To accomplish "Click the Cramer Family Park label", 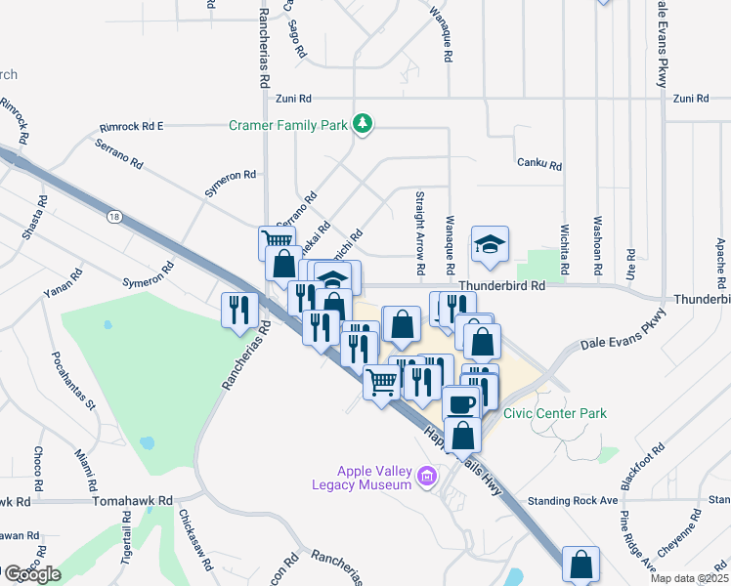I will [288, 125].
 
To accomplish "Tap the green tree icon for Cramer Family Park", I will [363, 123].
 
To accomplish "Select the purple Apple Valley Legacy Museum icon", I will [426, 478].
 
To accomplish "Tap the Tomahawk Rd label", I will [132, 500].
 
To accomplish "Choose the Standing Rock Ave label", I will [573, 501].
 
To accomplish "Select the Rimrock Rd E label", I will [132, 127].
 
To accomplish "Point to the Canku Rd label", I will [539, 165].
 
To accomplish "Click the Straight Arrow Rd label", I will [420, 231].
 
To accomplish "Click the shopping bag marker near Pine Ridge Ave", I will [581, 564].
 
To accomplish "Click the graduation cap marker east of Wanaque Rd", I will [491, 243].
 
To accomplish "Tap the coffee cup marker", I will [460, 403].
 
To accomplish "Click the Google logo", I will [31, 574].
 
